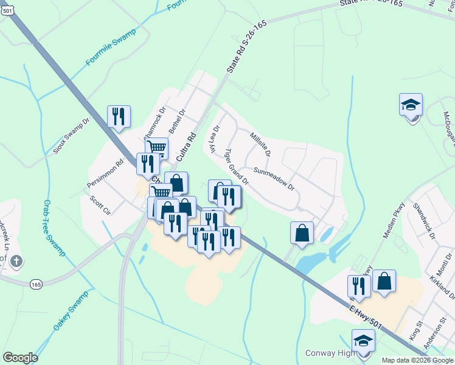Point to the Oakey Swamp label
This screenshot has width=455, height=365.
[x=71, y=311]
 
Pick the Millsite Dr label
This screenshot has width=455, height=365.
[x=260, y=142]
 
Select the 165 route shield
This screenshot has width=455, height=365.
[x=37, y=283]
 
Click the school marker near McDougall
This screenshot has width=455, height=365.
[x=411, y=105]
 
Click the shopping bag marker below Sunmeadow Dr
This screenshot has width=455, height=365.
[x=302, y=232]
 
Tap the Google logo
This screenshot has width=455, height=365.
[x=20, y=358]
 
